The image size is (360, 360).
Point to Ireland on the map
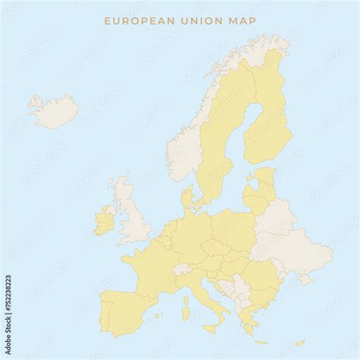coord(104,223)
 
